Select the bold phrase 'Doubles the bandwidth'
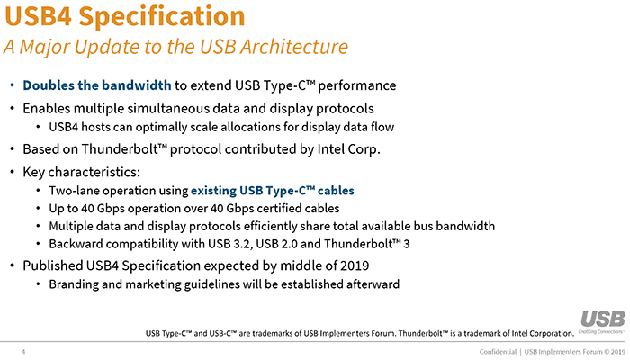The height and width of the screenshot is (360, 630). pos(96,86)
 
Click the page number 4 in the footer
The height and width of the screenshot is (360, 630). pos(22,351)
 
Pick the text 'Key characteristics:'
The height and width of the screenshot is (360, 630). pos(79,169)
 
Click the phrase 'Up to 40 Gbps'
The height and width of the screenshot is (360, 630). pos(83,207)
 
